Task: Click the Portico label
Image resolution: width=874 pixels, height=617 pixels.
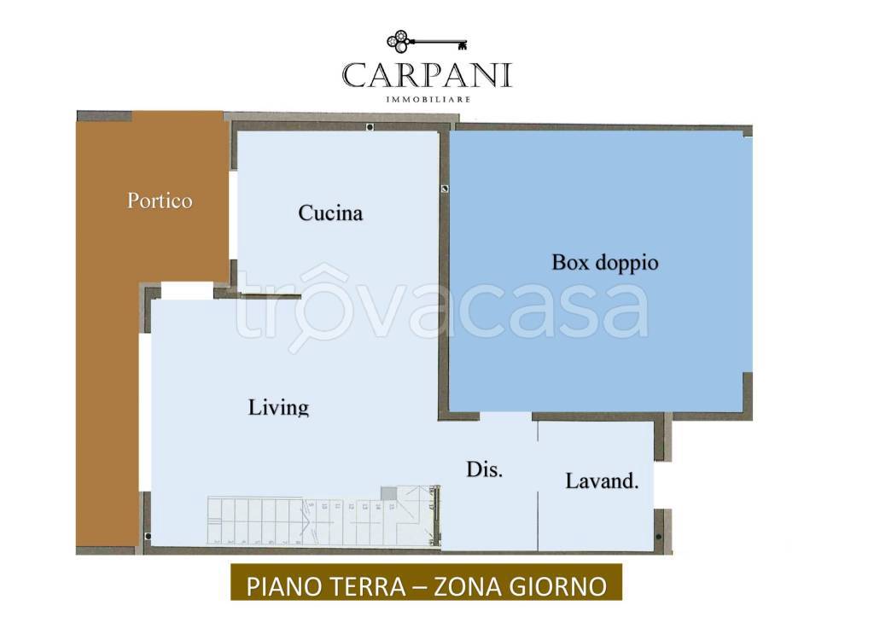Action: (x=160, y=201)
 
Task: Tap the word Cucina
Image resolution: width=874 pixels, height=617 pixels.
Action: (x=330, y=212)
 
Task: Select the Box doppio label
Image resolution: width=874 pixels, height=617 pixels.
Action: (x=604, y=262)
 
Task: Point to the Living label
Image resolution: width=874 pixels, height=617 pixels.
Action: (x=278, y=407)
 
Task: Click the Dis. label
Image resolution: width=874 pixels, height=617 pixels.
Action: (x=484, y=469)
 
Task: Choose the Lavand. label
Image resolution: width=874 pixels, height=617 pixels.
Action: (x=602, y=481)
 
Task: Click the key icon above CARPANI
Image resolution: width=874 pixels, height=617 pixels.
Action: (x=427, y=42)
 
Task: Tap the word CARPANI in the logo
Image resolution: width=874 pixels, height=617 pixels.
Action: (x=427, y=75)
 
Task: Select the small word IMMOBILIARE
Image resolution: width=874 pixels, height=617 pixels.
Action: (x=428, y=99)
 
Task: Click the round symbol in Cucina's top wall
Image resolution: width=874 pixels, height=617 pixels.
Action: (x=370, y=127)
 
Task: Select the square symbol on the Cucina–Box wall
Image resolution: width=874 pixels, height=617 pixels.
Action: (x=444, y=189)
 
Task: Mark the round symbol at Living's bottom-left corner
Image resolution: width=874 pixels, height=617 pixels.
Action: (x=148, y=537)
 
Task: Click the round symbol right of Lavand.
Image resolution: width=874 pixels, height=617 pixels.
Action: (x=659, y=537)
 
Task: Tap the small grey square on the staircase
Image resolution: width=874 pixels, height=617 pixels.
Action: (x=389, y=492)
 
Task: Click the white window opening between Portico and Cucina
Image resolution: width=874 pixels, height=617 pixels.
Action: (x=233, y=214)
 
